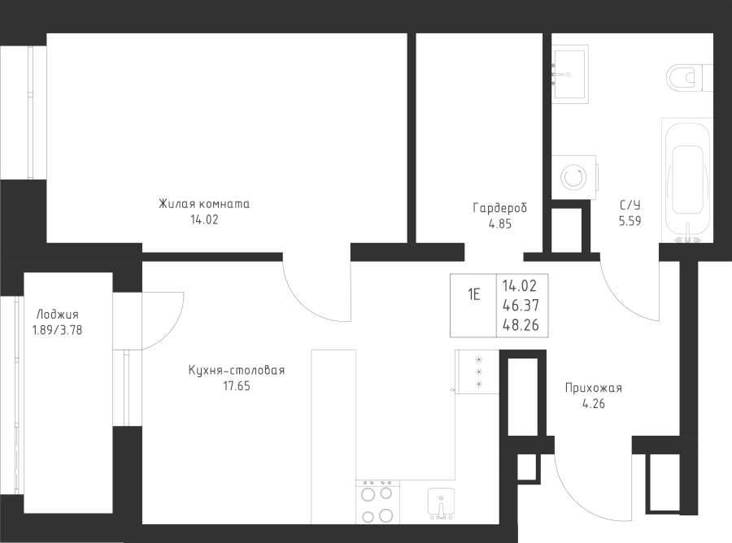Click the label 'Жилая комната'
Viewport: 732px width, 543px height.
tap(204, 204)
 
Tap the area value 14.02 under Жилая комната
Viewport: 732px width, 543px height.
tap(204, 219)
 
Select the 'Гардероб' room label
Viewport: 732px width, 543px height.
tap(499, 208)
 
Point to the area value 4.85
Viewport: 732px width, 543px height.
tap(500, 224)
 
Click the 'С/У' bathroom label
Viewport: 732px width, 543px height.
tap(630, 205)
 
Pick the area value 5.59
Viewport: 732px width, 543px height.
tap(630, 220)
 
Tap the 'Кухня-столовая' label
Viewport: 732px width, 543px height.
tap(236, 371)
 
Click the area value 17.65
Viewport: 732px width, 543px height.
tap(237, 386)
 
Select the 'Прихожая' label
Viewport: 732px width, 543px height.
tap(594, 388)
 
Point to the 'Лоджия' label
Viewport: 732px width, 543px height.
tap(58, 315)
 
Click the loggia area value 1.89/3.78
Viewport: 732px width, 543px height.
tap(57, 330)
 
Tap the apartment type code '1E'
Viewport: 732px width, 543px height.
tap(474, 294)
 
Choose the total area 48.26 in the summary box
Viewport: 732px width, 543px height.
tap(521, 324)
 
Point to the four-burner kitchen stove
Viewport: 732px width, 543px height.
tap(377, 502)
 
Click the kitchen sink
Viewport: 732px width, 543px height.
tap(441, 504)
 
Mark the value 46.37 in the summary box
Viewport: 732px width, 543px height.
tap(521, 305)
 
